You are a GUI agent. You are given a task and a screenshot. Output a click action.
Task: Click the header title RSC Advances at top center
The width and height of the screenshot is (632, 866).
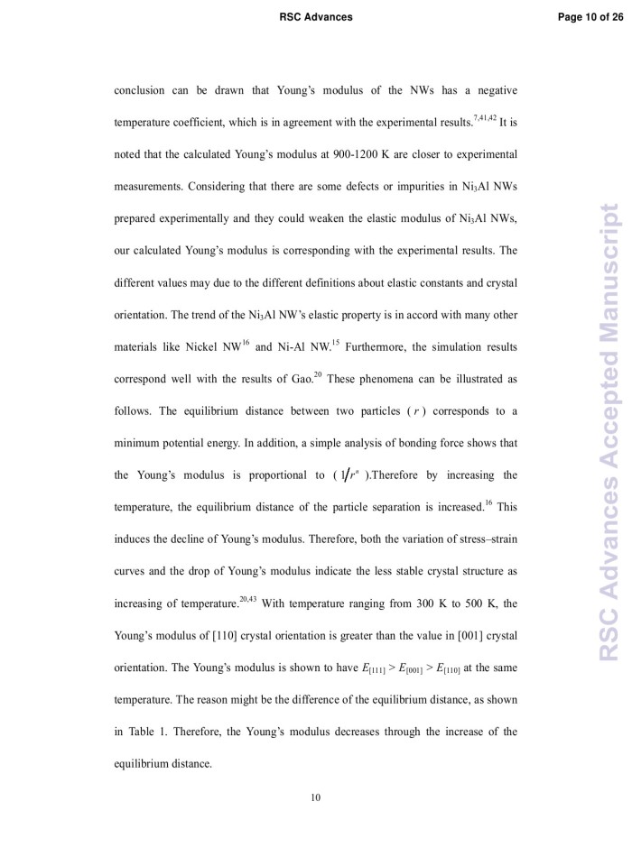tap(316, 17)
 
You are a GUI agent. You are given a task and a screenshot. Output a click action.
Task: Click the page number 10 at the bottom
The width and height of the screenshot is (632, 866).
tap(316, 797)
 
